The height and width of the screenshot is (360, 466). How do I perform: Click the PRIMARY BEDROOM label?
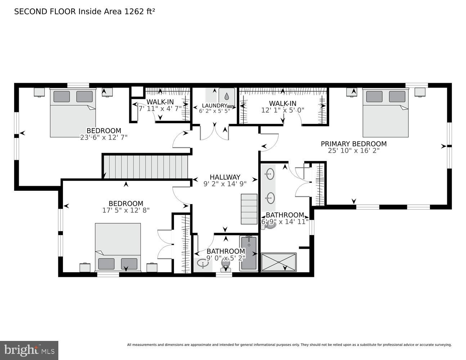pyautogui.click(x=353, y=144)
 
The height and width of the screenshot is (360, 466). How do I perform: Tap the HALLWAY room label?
pyautogui.click(x=225, y=177)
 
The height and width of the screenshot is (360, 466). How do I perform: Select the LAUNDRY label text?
pyautogui.click(x=214, y=105)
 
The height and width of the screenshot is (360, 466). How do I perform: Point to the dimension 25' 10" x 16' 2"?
pyautogui.click(x=353, y=151)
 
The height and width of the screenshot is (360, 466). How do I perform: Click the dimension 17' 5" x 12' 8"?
pyautogui.click(x=126, y=210)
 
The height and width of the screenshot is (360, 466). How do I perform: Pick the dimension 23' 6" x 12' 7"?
pyautogui.click(x=104, y=137)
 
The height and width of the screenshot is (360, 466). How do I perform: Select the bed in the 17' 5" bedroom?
pyautogui.click(x=118, y=247)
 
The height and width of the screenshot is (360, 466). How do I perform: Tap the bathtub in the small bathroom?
pyautogui.click(x=248, y=253)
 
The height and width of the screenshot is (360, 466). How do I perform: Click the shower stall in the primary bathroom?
pyautogui.click(x=278, y=262)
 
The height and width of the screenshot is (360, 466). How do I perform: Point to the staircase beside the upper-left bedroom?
pyautogui.click(x=146, y=167)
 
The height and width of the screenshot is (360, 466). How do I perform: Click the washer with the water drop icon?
pyautogui.click(x=227, y=97)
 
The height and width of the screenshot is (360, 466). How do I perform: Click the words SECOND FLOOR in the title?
pyautogui.click(x=45, y=12)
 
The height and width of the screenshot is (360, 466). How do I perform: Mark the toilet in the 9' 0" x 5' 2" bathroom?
pyautogui.click(x=226, y=266)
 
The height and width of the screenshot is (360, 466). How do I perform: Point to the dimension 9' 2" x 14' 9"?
pyautogui.click(x=225, y=184)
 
